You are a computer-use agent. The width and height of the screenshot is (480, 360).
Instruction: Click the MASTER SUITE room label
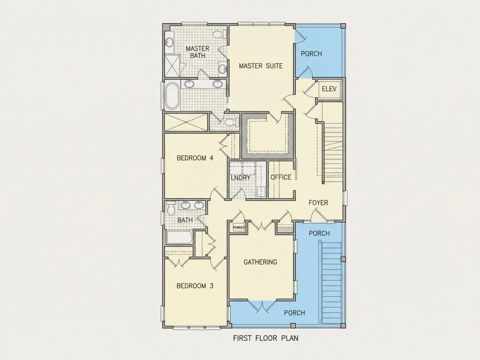click(261, 66)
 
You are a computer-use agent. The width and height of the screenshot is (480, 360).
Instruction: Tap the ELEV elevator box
click(329, 89)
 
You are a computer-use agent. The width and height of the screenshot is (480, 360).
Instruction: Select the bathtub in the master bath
click(172, 96)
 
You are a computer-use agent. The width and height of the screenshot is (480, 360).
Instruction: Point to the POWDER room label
click(239, 228)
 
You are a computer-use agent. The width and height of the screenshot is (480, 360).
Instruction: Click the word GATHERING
click(260, 262)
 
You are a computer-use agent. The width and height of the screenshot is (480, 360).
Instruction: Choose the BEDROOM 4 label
click(195, 158)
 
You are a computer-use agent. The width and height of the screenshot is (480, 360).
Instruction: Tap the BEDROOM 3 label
click(195, 286)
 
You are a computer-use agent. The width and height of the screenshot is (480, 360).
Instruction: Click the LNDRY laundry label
click(240, 178)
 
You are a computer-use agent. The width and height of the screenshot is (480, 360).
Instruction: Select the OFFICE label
click(281, 177)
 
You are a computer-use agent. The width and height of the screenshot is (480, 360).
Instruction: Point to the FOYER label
click(319, 202)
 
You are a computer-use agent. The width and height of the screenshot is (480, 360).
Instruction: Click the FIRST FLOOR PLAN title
click(266, 338)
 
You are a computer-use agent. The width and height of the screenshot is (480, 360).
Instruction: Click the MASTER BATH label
click(197, 52)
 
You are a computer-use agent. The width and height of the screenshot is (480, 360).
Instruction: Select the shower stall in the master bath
click(172, 66)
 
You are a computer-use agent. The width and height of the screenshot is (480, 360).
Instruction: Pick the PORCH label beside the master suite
click(311, 54)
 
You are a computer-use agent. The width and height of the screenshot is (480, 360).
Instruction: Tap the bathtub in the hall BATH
click(180, 237)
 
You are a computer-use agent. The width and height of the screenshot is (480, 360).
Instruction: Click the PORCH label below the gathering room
click(295, 313)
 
